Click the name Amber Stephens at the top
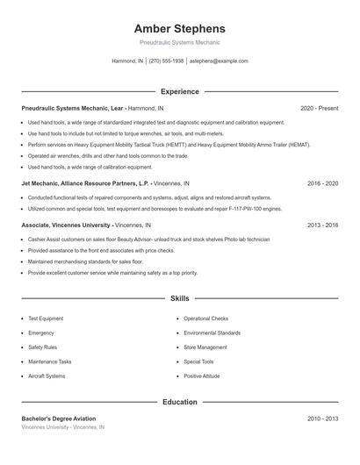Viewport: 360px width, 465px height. click(x=180, y=29)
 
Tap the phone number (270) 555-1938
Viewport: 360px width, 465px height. click(x=167, y=61)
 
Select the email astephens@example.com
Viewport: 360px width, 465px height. click(x=219, y=61)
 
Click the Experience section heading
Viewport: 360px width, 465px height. click(x=180, y=91)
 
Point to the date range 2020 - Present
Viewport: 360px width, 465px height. click(x=319, y=108)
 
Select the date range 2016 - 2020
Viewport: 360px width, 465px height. click(x=322, y=183)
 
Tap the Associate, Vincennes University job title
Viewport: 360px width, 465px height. click(x=67, y=225)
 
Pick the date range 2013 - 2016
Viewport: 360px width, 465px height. click(x=322, y=225)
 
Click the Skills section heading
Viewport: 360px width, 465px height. click(x=180, y=299)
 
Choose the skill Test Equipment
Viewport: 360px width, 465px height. click(x=46, y=318)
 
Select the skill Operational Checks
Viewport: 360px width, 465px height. click(x=206, y=318)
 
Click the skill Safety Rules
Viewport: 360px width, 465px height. click(x=42, y=347)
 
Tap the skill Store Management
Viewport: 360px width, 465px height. click(x=205, y=347)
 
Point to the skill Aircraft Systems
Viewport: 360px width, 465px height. click(x=47, y=376)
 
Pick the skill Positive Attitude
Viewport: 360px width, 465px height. click(x=203, y=376)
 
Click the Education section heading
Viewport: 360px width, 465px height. click(x=180, y=402)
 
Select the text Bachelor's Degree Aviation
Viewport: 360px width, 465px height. click(x=59, y=418)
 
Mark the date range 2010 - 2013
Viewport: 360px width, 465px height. click(x=322, y=418)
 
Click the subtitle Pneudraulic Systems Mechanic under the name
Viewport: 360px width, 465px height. click(x=180, y=42)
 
